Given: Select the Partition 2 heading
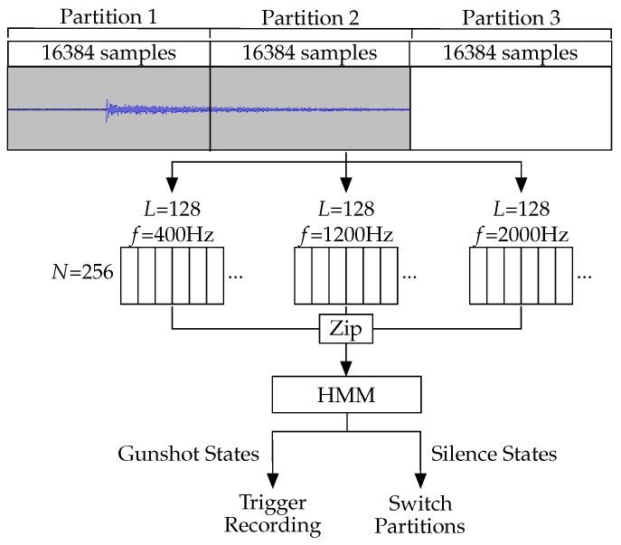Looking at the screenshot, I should point(310,16).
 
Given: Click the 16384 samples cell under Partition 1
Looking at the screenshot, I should point(108,53).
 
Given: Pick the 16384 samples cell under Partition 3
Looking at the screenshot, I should point(511,53).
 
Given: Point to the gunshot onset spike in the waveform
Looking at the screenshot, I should point(108,109).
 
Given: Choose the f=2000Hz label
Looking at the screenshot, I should point(522,235).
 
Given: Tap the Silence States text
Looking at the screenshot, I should point(493,453).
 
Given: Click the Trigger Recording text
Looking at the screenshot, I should point(272,514).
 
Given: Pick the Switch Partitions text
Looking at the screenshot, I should point(420,514).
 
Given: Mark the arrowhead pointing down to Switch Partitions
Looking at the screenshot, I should point(420,481).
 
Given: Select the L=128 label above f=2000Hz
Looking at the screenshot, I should point(522,209).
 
